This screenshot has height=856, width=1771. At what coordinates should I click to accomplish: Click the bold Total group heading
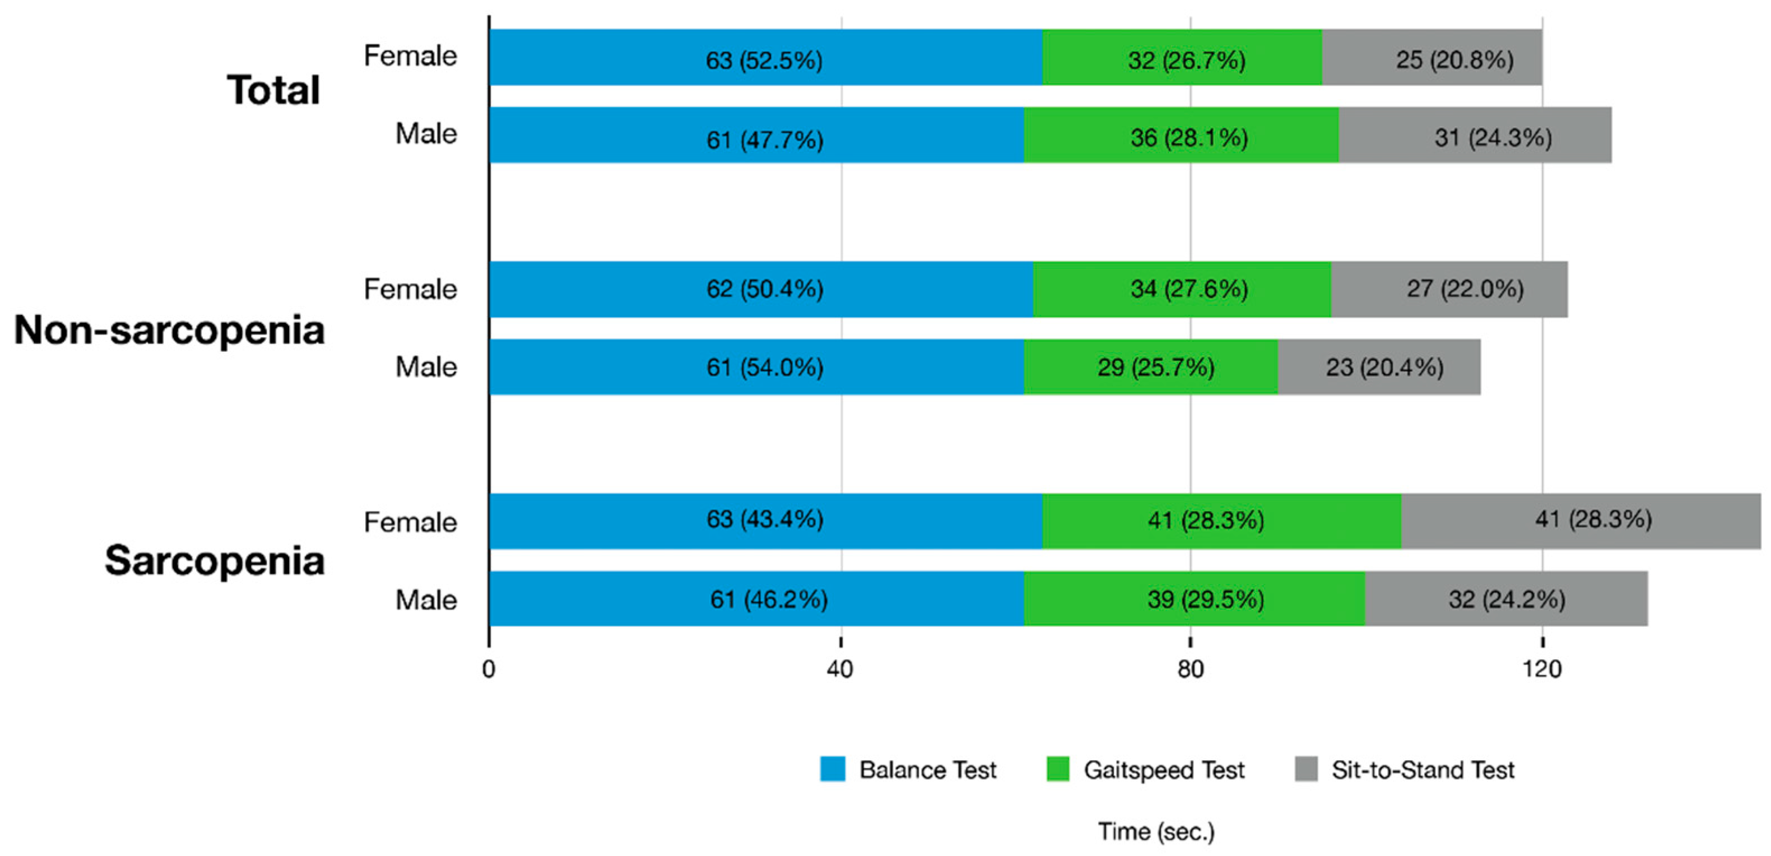click(273, 90)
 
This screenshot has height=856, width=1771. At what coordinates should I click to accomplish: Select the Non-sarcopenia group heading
click(169, 329)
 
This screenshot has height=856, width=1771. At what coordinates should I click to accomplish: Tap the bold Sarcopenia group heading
click(214, 560)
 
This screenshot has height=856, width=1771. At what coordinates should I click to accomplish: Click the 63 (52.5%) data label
click(764, 61)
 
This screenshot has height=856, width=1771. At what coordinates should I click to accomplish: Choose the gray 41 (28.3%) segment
click(1593, 519)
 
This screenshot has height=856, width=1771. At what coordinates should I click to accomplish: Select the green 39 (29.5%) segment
click(1205, 599)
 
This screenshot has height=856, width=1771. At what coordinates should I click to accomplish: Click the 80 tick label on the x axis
click(1190, 668)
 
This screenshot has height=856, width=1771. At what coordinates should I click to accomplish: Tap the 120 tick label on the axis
click(1541, 668)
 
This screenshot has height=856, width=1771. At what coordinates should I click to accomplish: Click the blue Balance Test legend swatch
click(832, 769)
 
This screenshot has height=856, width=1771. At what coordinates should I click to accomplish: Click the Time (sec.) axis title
click(1156, 831)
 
